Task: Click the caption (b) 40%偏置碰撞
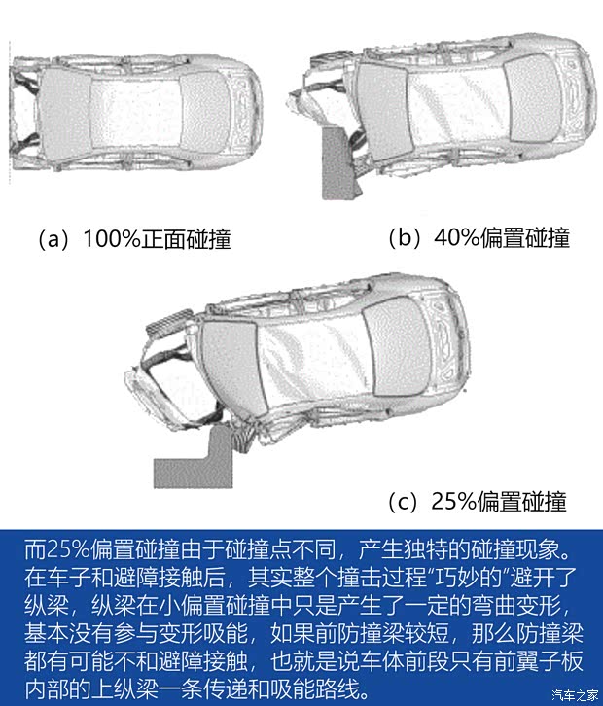[x=478, y=237]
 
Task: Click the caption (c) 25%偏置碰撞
[x=477, y=502]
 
